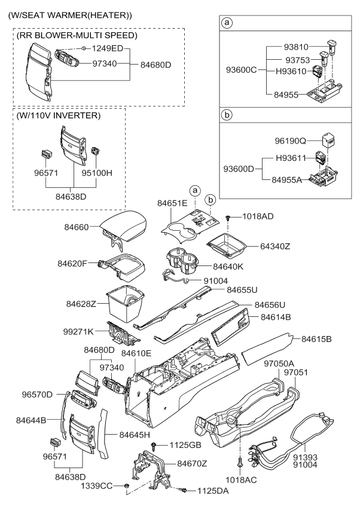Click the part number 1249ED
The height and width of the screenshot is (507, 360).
108,47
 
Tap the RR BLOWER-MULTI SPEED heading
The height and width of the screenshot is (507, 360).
76,35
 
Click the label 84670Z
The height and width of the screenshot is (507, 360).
191,463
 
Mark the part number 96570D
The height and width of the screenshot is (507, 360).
38,394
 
